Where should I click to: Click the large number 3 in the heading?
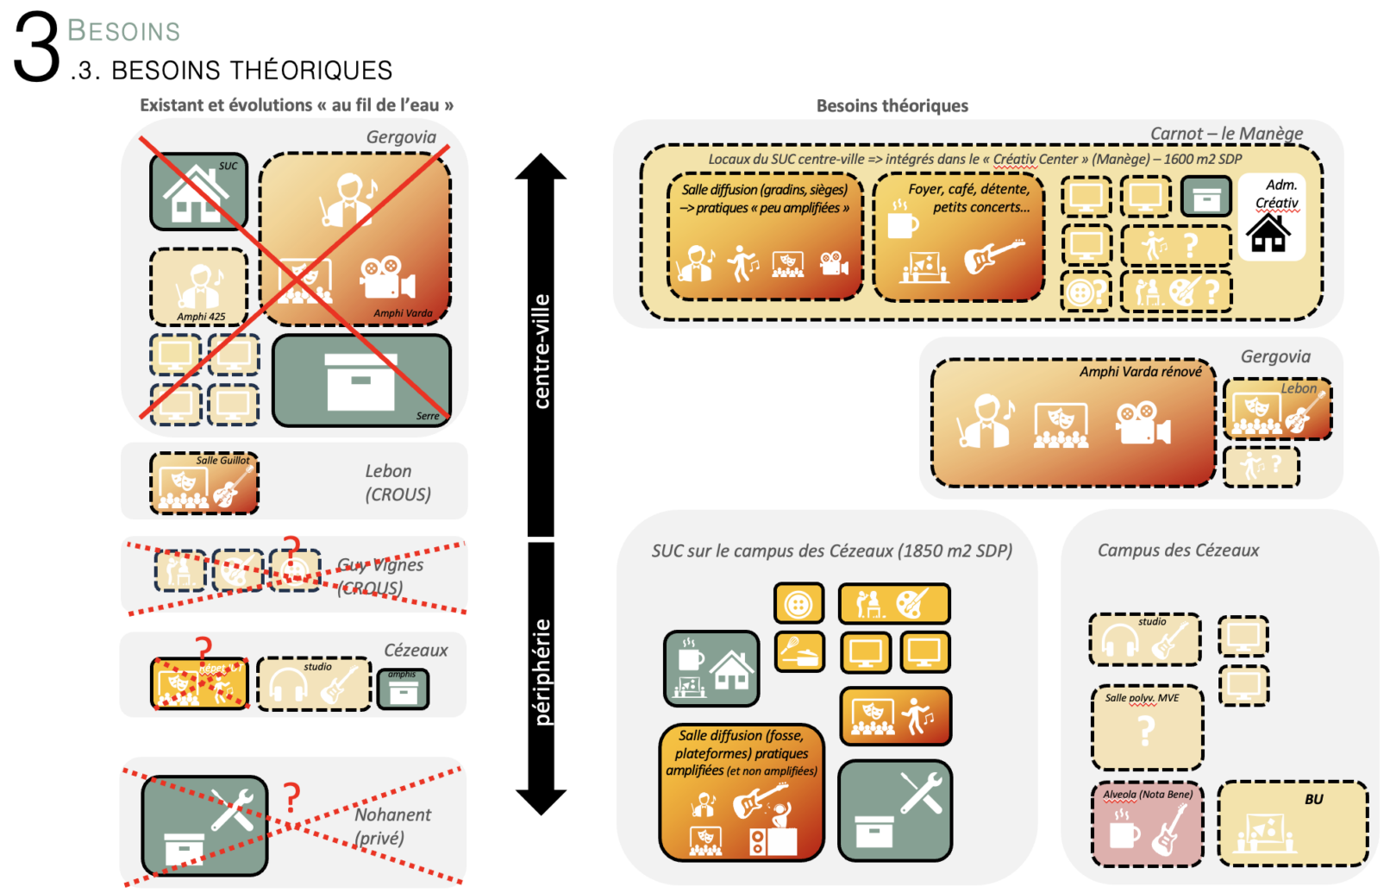tap(36, 47)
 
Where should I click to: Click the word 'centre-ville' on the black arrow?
tap(542, 350)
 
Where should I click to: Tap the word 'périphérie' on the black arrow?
tap(542, 671)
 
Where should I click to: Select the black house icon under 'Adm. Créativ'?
tap(1269, 233)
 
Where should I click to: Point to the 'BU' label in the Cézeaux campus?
tap(1313, 799)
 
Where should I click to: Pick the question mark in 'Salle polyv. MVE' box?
tap(1146, 732)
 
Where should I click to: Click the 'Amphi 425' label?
tap(201, 317)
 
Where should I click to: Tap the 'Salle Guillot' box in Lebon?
tap(204, 483)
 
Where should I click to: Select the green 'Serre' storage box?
tap(361, 380)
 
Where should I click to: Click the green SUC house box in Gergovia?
tap(198, 192)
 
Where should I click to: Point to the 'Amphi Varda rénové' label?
tap(1140, 372)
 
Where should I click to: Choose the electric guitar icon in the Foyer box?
tap(993, 255)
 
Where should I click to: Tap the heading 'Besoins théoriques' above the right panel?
tap(892, 105)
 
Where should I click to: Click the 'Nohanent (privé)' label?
tap(392, 826)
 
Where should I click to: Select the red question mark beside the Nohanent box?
tap(292, 797)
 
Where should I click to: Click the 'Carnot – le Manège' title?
tap(1226, 134)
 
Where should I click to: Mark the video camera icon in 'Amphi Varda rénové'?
tap(1143, 424)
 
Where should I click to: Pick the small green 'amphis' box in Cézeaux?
tap(403, 689)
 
